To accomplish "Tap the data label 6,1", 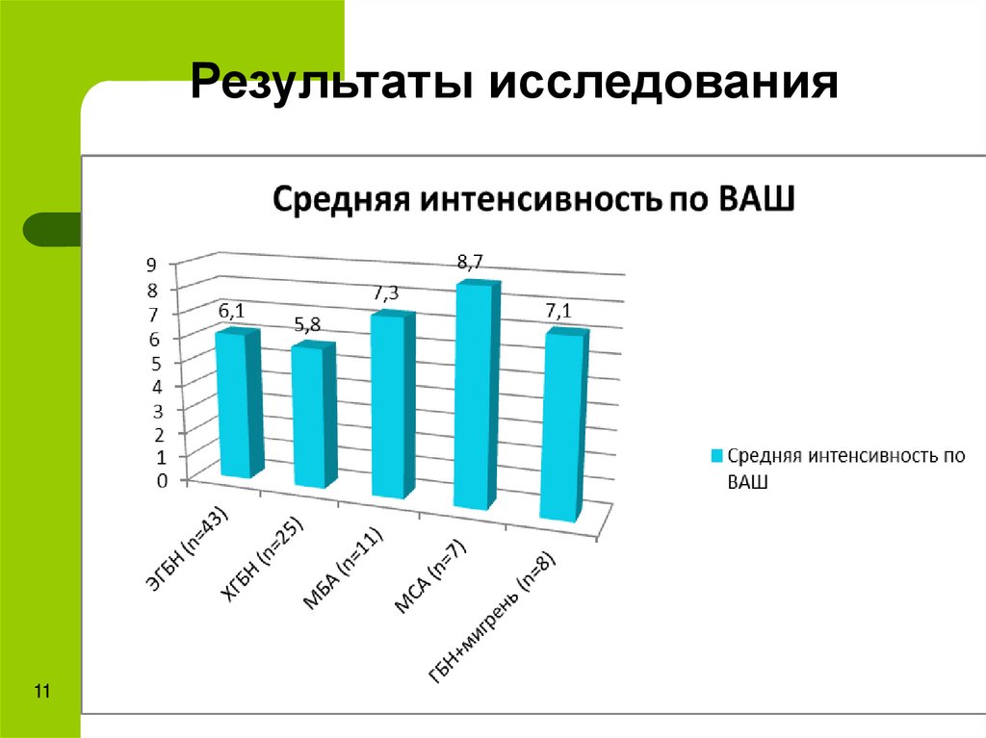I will point(231,310).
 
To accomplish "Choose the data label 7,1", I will point(559,311).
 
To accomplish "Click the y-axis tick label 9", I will point(151,265).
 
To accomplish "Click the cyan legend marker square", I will point(715,455).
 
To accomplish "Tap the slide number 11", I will point(41,692).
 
